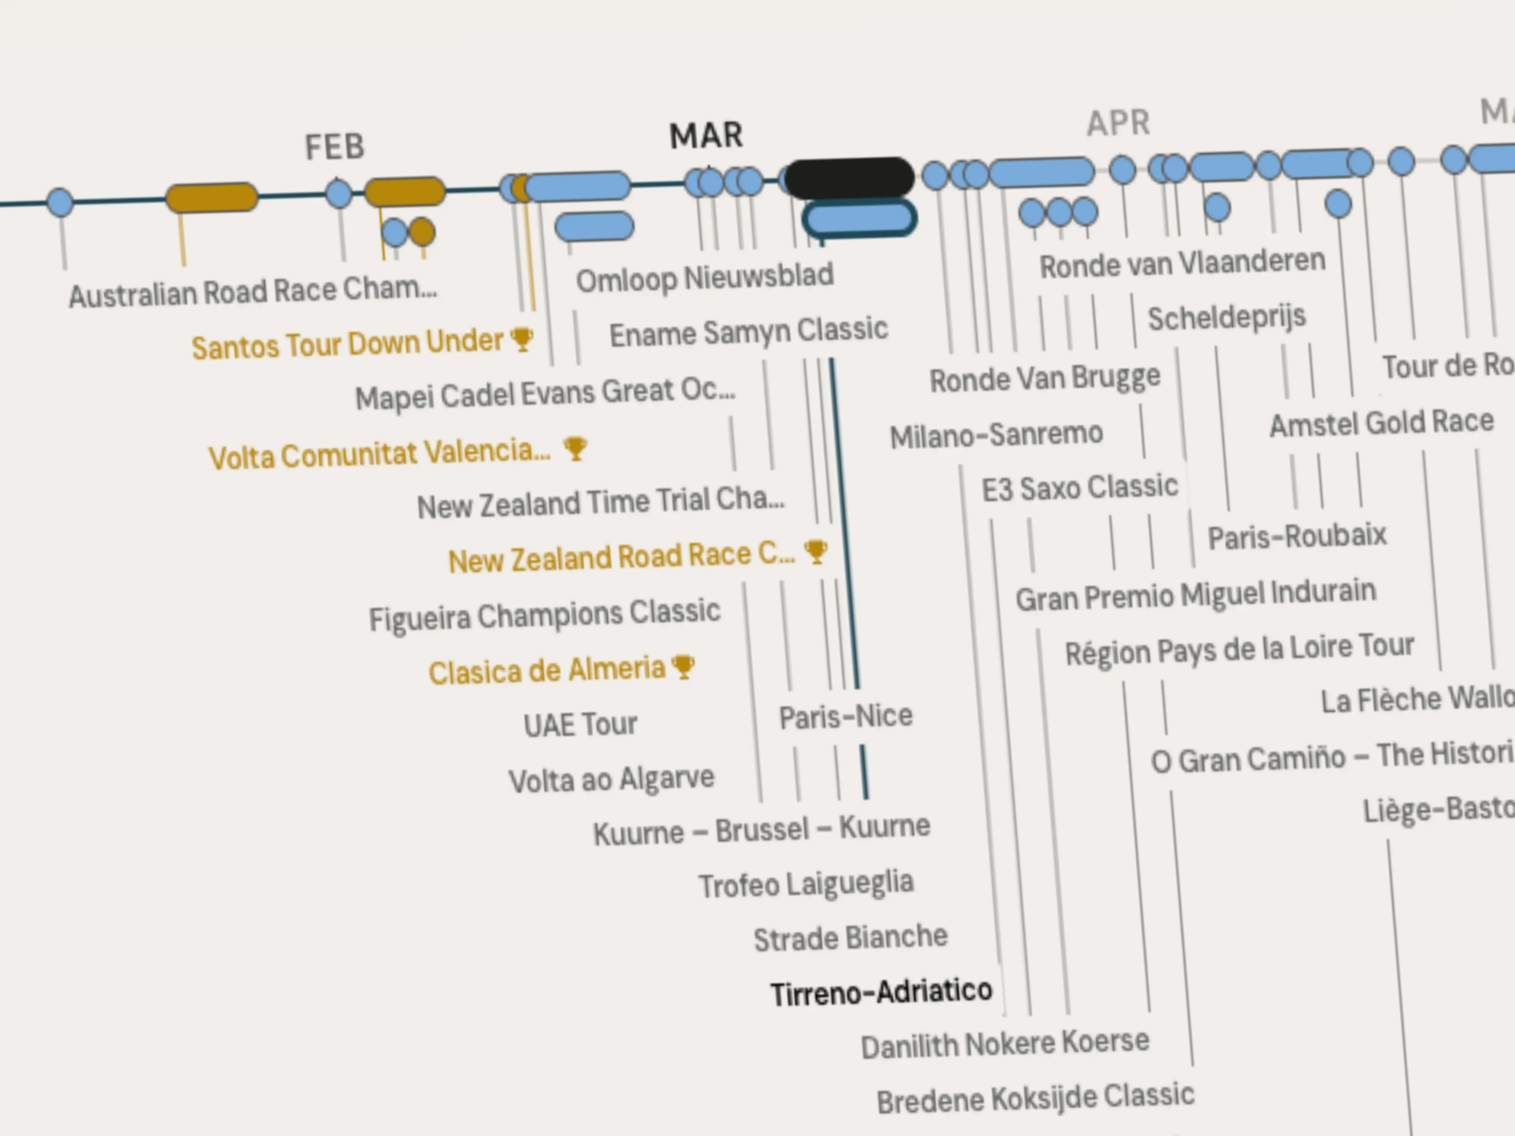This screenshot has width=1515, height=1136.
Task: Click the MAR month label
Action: coord(706,136)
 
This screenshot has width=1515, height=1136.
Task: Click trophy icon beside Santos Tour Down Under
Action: coord(522,339)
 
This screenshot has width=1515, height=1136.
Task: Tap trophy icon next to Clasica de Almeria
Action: coord(684,666)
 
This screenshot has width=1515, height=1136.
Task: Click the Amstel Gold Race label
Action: coord(1381,423)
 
